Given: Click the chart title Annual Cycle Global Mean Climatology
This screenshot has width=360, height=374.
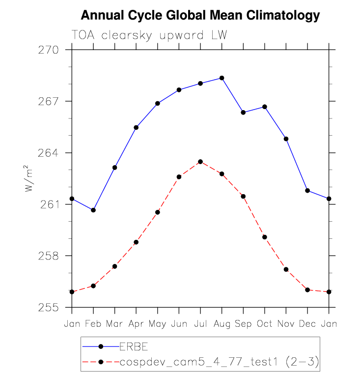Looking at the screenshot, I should click(x=200, y=16).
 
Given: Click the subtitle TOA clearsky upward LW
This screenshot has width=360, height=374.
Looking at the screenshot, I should click(x=149, y=36).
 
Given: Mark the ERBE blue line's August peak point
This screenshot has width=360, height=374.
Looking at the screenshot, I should click(x=222, y=78).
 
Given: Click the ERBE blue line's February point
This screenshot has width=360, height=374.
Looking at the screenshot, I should click(x=93, y=210).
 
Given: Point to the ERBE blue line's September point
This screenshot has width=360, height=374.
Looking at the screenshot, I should click(x=243, y=113).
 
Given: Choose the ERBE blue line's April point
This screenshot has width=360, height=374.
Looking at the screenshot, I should click(x=136, y=127).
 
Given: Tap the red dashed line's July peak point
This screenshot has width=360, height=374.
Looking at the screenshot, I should click(x=200, y=162).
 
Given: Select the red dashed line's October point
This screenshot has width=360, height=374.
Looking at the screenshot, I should click(x=265, y=237).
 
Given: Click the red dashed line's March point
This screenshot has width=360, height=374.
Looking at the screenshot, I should click(x=114, y=266).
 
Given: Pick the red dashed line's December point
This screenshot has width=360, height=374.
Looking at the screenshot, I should click(x=307, y=290).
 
